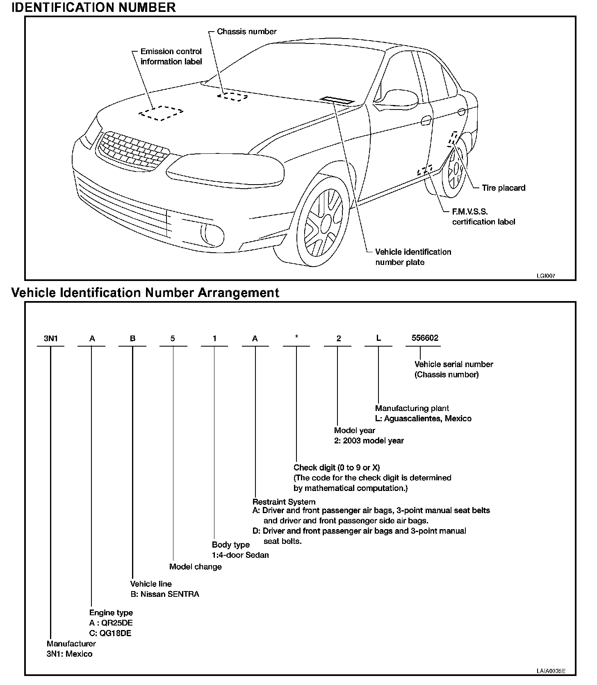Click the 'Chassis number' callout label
tap(246, 32)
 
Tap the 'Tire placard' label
tap(503, 188)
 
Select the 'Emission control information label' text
tap(171, 57)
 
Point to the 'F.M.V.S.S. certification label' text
tap(483, 217)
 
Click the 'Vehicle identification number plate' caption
tap(413, 257)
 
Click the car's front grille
tap(133, 150)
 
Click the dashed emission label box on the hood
tap(160, 112)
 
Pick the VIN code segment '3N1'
tap(51, 339)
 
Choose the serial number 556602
tap(425, 338)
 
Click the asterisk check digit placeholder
tap(296, 338)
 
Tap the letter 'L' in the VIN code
tap(378, 338)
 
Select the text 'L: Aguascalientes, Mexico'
tap(423, 419)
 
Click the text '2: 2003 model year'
tap(369, 441)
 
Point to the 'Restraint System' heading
tap(284, 502)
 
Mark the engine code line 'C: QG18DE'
tap(110, 633)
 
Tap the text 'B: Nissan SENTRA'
tap(164, 594)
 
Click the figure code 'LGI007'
tap(546, 276)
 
